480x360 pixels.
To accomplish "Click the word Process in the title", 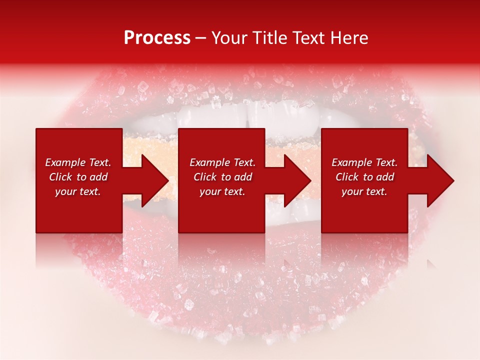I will pyautogui.click(x=157, y=38).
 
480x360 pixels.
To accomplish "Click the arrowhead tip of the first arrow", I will pyautogui.click(x=168, y=180).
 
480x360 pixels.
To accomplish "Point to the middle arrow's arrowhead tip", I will pyautogui.click(x=310, y=180).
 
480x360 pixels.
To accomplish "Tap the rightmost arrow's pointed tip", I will pyautogui.click(x=453, y=180).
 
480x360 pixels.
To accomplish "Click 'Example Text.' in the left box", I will pyautogui.click(x=78, y=162).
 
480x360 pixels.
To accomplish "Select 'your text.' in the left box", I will pyautogui.click(x=78, y=191).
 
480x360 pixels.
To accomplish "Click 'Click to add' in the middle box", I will pyautogui.click(x=222, y=177).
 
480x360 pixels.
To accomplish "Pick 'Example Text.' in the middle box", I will pyautogui.click(x=222, y=162).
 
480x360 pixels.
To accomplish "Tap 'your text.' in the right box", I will pyautogui.click(x=364, y=191).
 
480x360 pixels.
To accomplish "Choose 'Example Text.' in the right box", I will pyautogui.click(x=364, y=162).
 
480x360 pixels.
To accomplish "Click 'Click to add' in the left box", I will pyautogui.click(x=78, y=177).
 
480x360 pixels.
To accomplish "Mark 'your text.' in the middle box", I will pyautogui.click(x=222, y=191).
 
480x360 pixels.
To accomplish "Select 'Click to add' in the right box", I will pyautogui.click(x=364, y=177).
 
